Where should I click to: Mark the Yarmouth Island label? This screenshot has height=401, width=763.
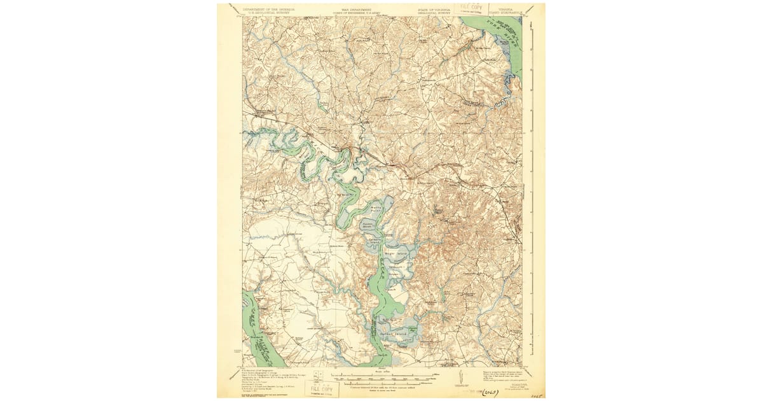[x=397, y=267]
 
